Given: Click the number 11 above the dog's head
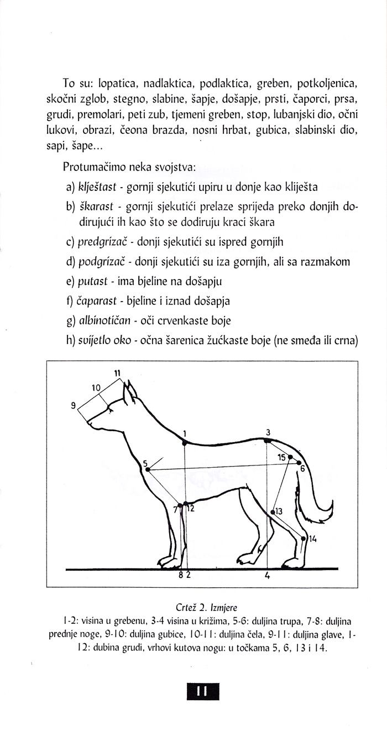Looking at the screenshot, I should [x=117, y=373].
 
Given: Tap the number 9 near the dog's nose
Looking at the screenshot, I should [x=74, y=406].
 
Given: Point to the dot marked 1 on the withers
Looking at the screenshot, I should [x=185, y=441].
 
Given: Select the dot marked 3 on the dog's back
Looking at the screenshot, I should [x=266, y=441].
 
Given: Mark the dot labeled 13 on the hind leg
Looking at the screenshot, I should [x=272, y=512].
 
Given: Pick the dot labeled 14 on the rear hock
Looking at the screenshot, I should [x=303, y=537].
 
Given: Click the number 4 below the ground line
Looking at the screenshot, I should [x=267, y=576].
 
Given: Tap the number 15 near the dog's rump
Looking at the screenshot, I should [x=281, y=457].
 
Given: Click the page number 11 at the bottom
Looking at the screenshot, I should [x=200, y=691].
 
